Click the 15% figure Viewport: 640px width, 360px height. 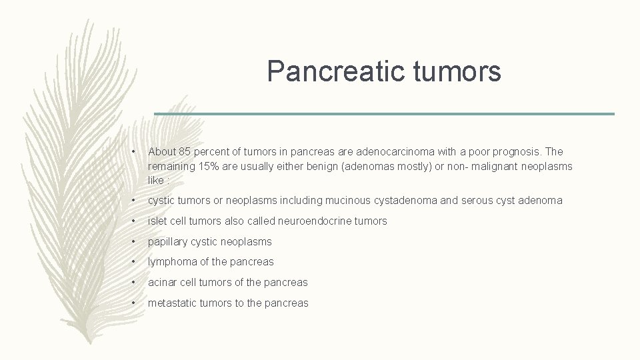coord(203,166)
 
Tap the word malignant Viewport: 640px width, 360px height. coord(490,166)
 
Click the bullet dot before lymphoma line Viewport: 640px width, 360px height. coord(135,262)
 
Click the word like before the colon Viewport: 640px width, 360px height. coord(156,180)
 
